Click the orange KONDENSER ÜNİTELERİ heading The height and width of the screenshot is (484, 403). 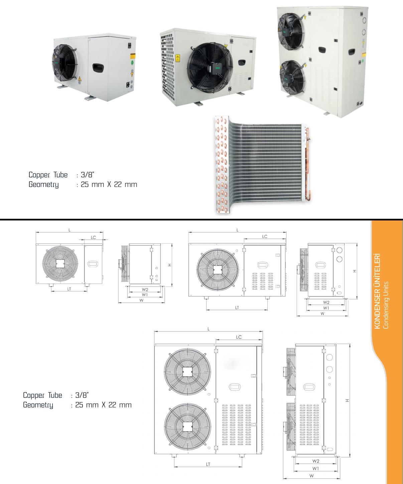coord(377,291)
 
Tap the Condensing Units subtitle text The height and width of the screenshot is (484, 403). coord(386,305)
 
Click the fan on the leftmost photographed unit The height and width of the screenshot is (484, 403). coord(64,62)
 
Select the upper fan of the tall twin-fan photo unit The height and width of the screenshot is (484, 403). coord(291,31)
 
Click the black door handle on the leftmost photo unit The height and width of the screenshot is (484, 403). coord(98,68)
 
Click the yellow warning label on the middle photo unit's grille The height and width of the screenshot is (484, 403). coord(178,58)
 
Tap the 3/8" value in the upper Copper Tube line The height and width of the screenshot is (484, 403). coord(88,175)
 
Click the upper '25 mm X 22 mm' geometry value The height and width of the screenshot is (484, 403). coord(109,184)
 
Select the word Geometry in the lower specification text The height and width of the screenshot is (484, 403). coord(38,405)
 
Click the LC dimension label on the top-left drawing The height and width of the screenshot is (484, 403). coord(93,237)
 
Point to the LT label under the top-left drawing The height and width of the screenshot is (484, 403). coord(69,289)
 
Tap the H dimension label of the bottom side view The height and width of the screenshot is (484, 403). coord(347,400)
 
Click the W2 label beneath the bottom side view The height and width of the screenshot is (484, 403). coord(316,461)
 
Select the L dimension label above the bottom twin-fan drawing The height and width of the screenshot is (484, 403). coord(209,329)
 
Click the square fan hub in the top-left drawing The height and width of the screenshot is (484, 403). coord(60,264)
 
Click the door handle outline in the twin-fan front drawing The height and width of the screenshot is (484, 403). coord(235,387)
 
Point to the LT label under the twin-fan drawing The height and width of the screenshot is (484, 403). coord(208,464)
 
